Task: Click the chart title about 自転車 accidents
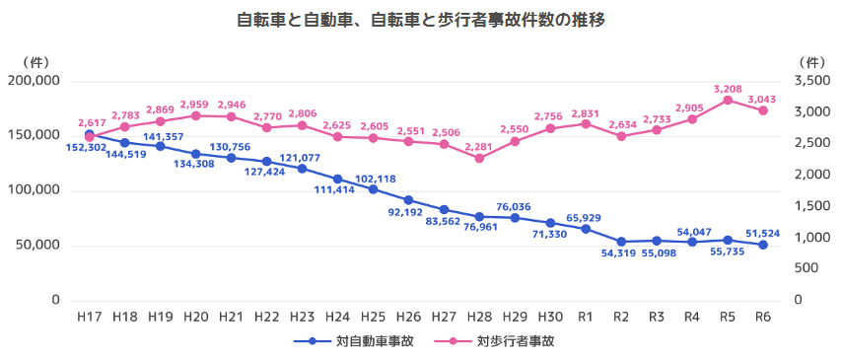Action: click(x=421, y=20)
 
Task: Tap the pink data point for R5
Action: click(x=728, y=100)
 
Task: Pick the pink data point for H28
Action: click(x=479, y=158)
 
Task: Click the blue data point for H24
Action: click(x=337, y=179)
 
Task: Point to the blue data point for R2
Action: click(x=621, y=242)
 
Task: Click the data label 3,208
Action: click(x=728, y=88)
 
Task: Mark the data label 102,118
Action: click(x=376, y=179)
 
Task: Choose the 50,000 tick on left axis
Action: click(x=38, y=245)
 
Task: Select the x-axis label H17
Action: click(x=89, y=317)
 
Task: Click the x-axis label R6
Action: click(x=762, y=317)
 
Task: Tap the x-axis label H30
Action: click(x=550, y=317)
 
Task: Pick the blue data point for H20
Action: click(x=195, y=154)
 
